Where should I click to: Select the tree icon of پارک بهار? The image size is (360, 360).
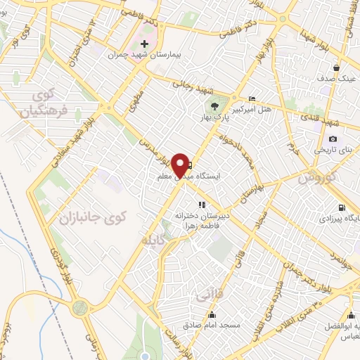point(214,107)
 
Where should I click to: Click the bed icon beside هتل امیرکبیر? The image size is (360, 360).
point(252,98)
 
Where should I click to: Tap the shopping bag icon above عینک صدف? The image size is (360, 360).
point(337,67)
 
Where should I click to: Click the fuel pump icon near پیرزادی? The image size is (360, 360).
point(342,207)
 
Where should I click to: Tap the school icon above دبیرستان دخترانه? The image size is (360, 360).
point(202,204)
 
